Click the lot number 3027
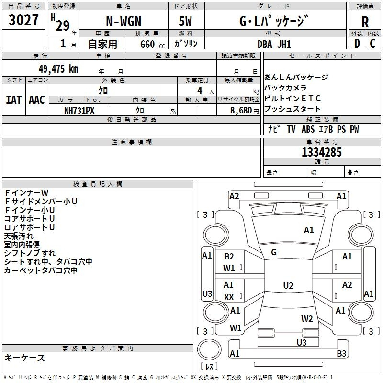point(24,21)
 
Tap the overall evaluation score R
point(365,22)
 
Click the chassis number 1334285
point(322,153)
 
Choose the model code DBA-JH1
point(274,44)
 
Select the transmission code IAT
point(13,100)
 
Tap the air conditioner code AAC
point(37,100)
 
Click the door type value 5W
point(185,22)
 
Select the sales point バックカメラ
point(286,88)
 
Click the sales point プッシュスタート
point(293,109)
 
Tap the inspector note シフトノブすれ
point(30,253)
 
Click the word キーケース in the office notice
point(25,358)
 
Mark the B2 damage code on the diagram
point(229,257)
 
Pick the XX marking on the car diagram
point(229,297)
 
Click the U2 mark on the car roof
point(288,286)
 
